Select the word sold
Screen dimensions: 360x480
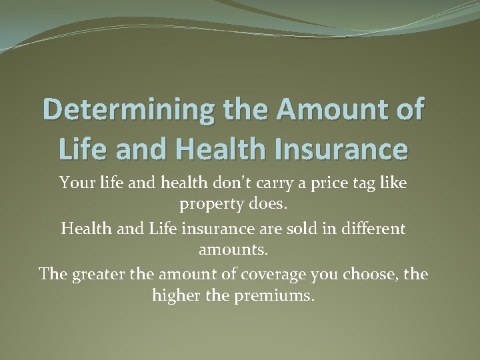tap(289, 229)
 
